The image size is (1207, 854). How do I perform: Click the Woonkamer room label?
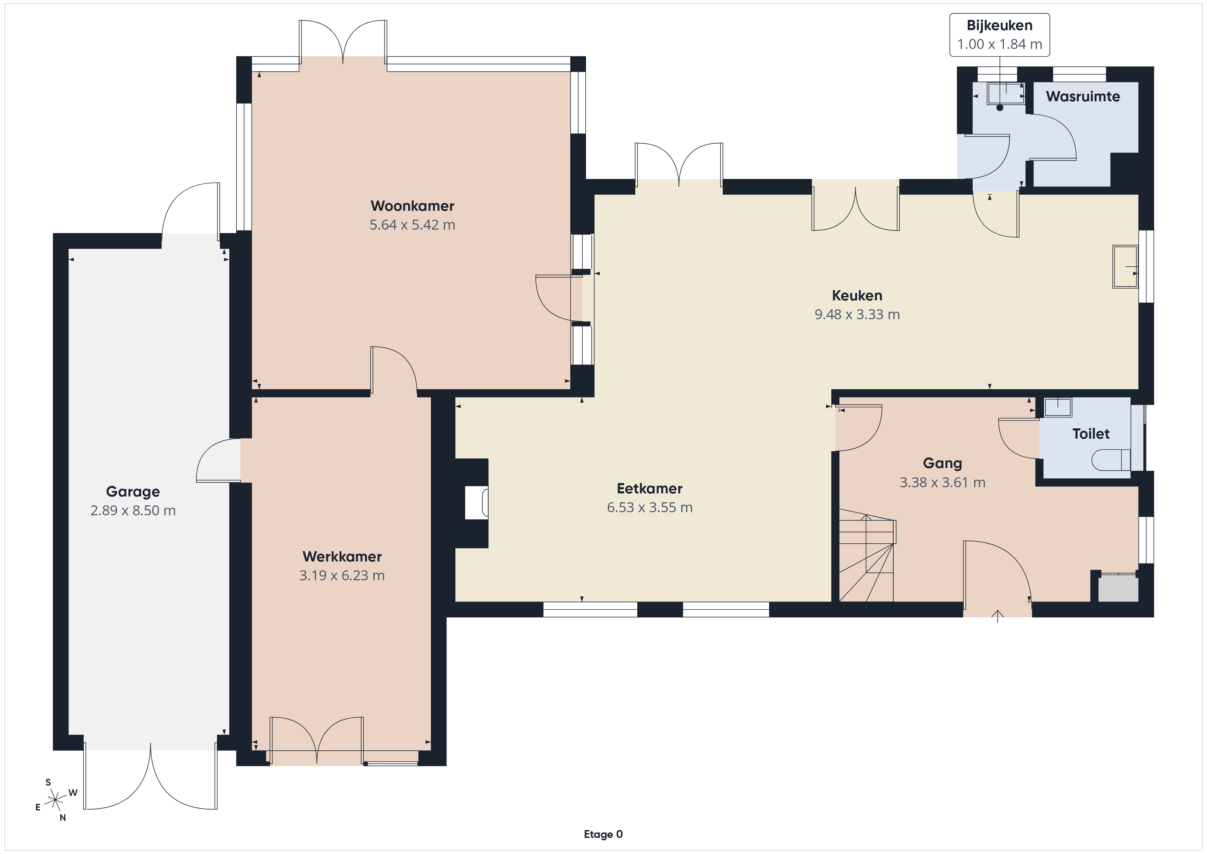click(412, 206)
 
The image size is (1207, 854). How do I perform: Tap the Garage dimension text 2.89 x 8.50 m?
click(133, 510)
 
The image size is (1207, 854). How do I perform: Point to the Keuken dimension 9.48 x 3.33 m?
click(857, 314)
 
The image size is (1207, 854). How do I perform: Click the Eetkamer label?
click(650, 489)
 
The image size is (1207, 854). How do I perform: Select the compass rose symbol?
click(55, 800)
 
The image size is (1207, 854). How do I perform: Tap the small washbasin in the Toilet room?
click(1058, 407)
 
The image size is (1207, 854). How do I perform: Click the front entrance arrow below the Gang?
click(997, 616)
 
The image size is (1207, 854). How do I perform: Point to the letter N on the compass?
click(63, 818)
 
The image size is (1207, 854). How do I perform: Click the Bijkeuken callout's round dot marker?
click(1000, 108)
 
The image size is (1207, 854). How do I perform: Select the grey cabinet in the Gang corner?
click(1118, 588)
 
